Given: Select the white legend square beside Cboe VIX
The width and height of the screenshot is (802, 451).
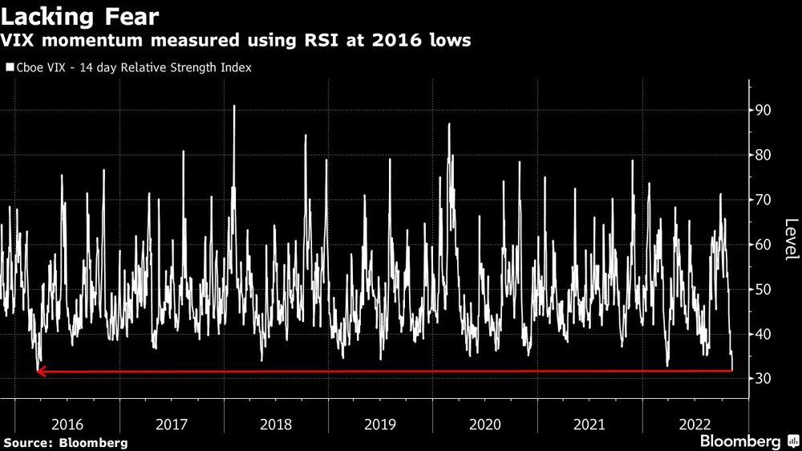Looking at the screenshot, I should point(10,68).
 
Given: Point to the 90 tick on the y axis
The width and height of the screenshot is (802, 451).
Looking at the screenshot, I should point(764,110).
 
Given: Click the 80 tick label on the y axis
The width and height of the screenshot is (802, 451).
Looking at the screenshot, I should point(764,155).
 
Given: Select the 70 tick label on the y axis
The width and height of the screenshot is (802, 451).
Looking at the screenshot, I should point(764,200).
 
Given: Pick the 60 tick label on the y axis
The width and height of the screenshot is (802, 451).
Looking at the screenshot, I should point(764,245).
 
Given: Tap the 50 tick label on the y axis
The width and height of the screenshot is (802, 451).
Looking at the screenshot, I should point(764,290).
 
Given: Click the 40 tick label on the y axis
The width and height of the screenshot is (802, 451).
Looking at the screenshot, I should point(764,334).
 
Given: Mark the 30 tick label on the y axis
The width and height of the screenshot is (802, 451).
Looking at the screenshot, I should point(764,379).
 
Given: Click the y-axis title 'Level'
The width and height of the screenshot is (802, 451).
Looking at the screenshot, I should point(791,239).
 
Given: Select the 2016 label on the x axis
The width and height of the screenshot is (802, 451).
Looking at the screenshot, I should point(67,423).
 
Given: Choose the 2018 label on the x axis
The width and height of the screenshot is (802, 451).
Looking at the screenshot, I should point(276,423).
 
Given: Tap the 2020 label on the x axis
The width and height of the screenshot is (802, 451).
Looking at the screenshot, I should point(484,423).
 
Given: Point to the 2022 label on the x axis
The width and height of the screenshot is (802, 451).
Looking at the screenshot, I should point(694,423).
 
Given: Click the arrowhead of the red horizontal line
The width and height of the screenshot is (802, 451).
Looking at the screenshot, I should point(40,371).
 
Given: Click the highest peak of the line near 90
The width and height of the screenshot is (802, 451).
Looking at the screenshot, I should point(234,106).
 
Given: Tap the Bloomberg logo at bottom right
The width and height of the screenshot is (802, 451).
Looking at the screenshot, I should point(741,441).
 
